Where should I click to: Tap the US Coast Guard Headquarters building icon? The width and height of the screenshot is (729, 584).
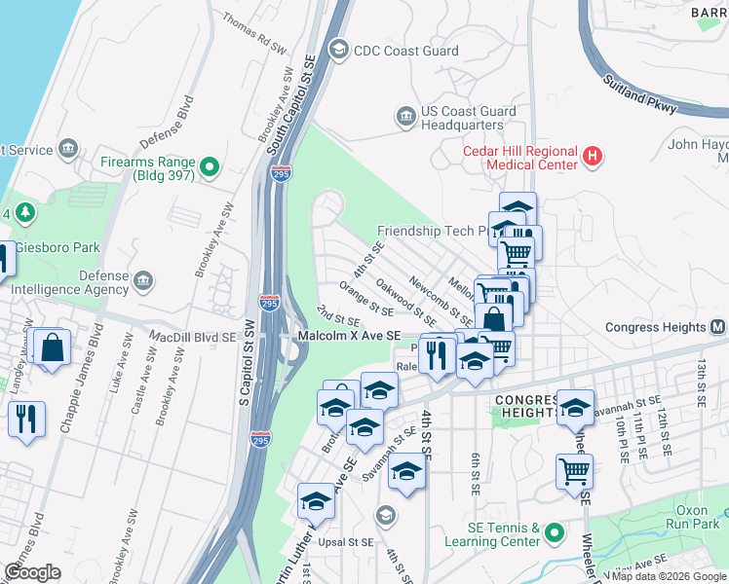click(405, 118)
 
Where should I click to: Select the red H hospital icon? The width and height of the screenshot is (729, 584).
click(591, 156)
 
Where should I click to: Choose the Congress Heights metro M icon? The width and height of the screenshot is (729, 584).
click(717, 327)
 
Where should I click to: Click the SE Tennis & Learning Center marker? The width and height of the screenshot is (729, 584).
click(555, 533)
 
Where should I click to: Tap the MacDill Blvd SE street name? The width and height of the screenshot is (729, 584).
click(192, 336)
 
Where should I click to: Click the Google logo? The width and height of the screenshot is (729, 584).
click(32, 572)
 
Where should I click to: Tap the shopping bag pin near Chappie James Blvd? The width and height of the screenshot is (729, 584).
click(52, 348)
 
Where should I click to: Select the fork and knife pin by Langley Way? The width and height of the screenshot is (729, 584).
click(25, 419)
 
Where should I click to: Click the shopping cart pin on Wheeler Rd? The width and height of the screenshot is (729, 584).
click(574, 472)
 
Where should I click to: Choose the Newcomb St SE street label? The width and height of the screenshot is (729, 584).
click(441, 301)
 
